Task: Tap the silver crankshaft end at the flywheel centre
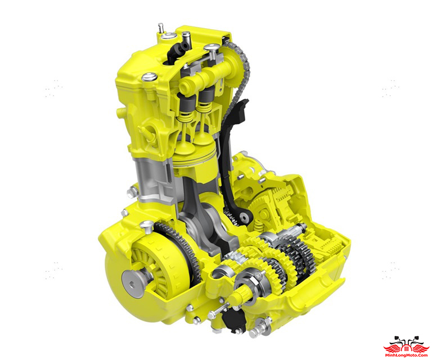pyautogui.click(x=133, y=283)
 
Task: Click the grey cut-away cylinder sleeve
pyautogui.click(x=154, y=179)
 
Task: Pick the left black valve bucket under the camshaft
pyautogui.click(x=187, y=104)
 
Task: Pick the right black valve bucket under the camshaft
pyautogui.click(x=206, y=98)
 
